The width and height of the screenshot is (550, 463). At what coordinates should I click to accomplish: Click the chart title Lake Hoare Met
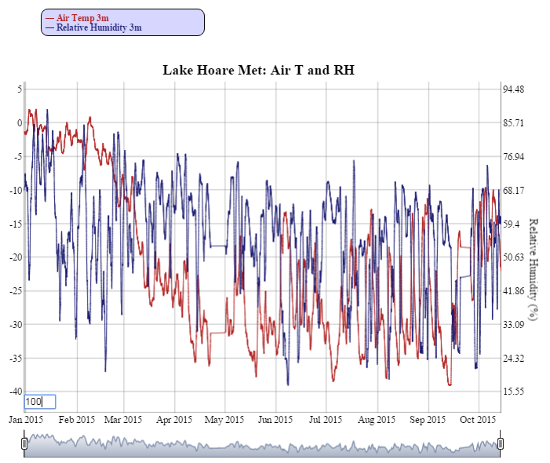point(258,71)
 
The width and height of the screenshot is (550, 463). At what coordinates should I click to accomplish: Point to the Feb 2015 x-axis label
point(76,419)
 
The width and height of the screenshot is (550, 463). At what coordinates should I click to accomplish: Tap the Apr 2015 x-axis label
point(175,419)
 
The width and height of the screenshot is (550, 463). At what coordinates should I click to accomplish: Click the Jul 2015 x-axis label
point(326,419)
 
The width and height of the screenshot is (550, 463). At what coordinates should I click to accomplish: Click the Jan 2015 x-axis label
point(26,419)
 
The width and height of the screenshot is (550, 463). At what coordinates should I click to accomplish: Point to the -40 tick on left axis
point(13,391)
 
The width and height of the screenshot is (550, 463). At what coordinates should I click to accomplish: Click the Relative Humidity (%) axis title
point(533,269)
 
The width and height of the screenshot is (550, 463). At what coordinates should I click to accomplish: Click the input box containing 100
point(39,402)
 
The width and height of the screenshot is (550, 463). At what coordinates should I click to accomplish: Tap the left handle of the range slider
point(24,444)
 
